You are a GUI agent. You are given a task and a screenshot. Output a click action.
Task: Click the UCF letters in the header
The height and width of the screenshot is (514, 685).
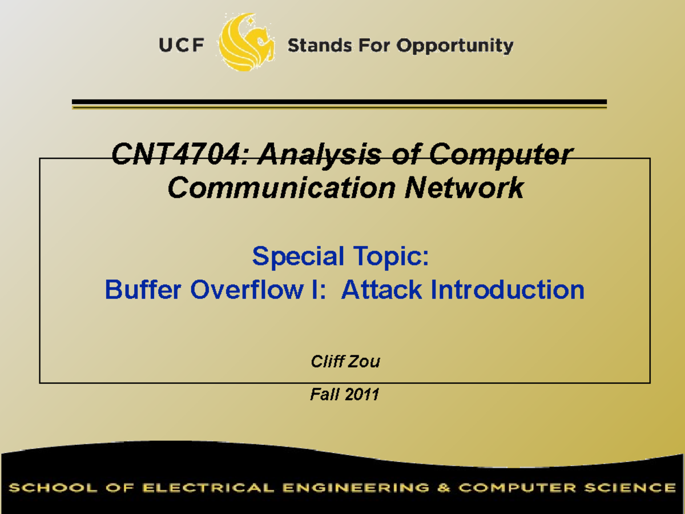pyautogui.click(x=182, y=45)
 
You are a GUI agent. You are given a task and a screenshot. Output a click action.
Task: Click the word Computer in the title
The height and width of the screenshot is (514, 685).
pyautogui.click(x=500, y=155)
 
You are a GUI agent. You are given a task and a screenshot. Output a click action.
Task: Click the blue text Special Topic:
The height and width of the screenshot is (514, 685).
pyautogui.click(x=340, y=256)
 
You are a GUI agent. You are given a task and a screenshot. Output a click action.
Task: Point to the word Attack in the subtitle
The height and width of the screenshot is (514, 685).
pyautogui.click(x=382, y=290)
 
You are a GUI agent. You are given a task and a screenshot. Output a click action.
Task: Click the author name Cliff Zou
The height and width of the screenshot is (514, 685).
pyautogui.click(x=345, y=362)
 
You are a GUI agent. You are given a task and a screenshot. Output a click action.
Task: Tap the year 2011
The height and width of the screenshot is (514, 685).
pyautogui.click(x=362, y=394)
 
